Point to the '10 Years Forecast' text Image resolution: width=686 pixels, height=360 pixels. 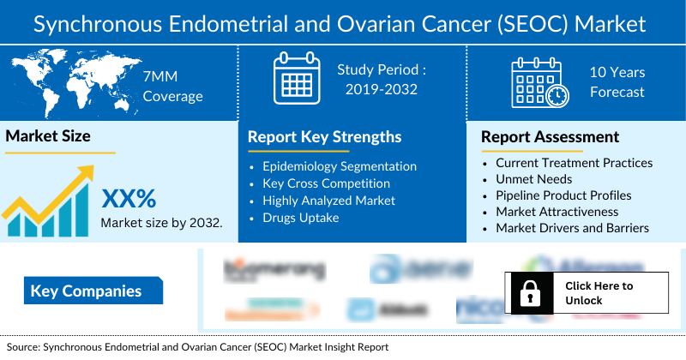point(617,82)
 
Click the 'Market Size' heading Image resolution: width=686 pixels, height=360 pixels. point(48,135)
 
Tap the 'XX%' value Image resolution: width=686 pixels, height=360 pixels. point(129,199)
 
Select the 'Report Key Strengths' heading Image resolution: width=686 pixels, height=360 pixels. point(324,136)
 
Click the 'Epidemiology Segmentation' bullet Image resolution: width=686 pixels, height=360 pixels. point(340,166)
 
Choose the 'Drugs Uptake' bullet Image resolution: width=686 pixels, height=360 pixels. point(302,218)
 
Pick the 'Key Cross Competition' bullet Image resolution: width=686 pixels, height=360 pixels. point(326,183)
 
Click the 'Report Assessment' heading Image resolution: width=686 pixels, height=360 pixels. point(550,136)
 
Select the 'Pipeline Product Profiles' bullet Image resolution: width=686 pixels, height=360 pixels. point(563,195)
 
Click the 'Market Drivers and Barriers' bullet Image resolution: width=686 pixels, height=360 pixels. point(572,228)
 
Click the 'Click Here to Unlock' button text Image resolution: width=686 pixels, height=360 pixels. point(599,292)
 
